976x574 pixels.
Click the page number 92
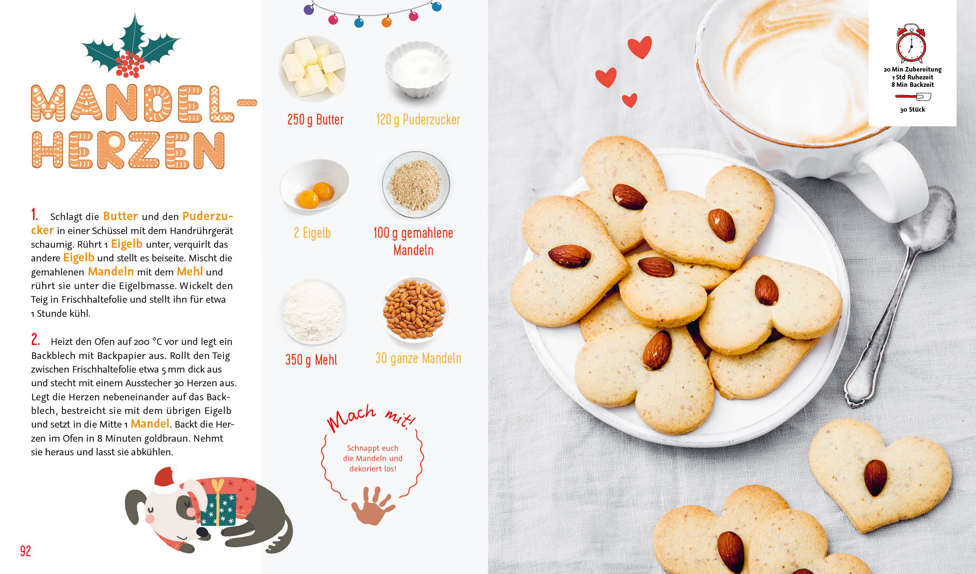coord(26,551)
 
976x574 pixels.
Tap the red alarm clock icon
coord(911,43)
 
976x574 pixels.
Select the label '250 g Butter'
coord(315,120)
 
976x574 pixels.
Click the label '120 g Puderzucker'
coord(418,120)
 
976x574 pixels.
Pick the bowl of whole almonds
coord(414,310)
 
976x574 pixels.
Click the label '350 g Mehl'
coord(311,359)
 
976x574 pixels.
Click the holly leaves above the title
coord(131,45)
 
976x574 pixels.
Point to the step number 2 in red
coord(36,340)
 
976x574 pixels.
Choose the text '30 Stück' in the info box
coord(912,110)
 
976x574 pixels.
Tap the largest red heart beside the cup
coord(640,46)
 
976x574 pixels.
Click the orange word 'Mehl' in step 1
coord(190,272)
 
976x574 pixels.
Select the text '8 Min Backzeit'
coord(912,85)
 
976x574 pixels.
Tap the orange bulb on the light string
coord(386,22)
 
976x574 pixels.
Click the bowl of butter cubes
coord(313,69)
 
